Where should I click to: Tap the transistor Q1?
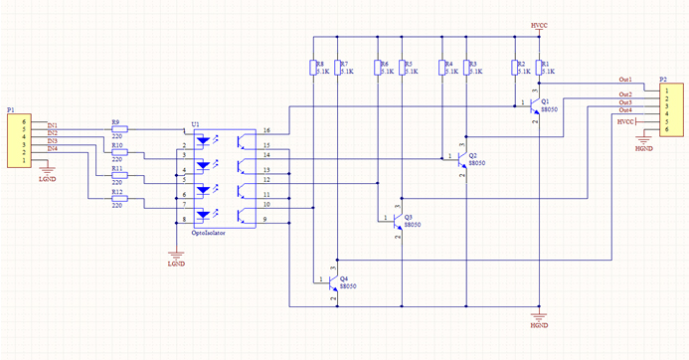pyautogui.click(x=535, y=106)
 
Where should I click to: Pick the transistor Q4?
pyautogui.click(x=332, y=283)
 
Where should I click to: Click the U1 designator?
pyautogui.click(x=195, y=125)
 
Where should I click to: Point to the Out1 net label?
pyautogui.click(x=625, y=79)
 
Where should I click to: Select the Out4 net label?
pyautogui.click(x=625, y=109)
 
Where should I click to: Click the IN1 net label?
pyautogui.click(x=52, y=124)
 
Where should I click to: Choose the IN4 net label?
pyautogui.click(x=52, y=149)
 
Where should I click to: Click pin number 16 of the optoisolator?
pyautogui.click(x=265, y=131)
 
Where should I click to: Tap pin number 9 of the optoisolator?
pyautogui.click(x=264, y=219)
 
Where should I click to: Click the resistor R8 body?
pyautogui.click(x=314, y=68)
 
